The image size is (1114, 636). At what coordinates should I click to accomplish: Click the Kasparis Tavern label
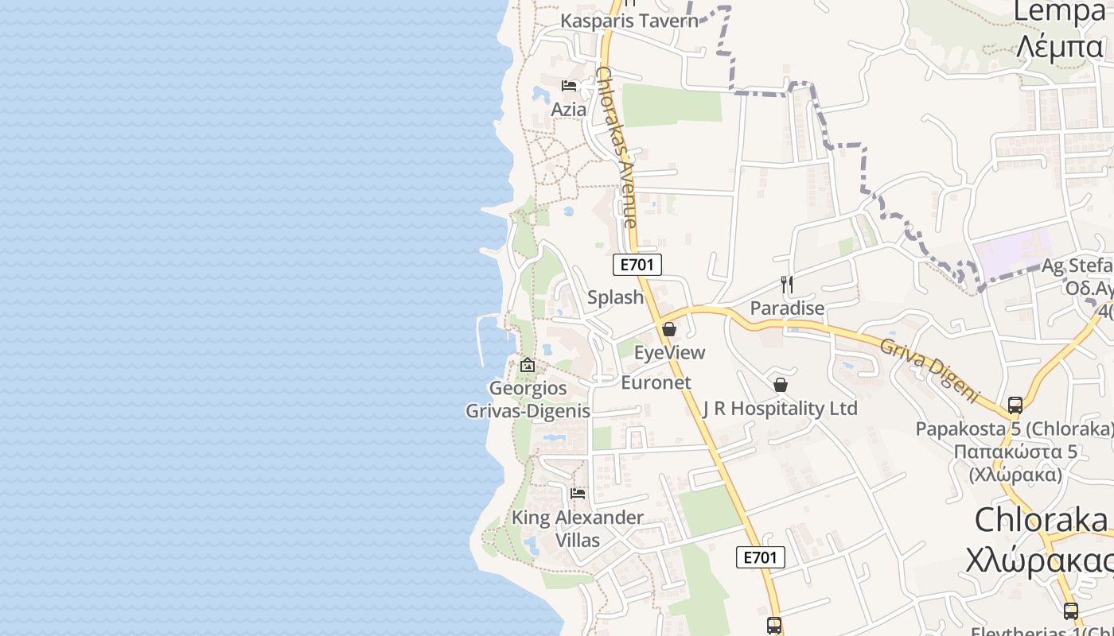pyautogui.click(x=629, y=21)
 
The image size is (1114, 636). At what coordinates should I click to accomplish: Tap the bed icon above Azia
pyautogui.click(x=569, y=86)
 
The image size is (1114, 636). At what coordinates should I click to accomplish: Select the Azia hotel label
pyautogui.click(x=569, y=110)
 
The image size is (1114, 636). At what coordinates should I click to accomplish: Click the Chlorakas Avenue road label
pyautogui.click(x=616, y=147)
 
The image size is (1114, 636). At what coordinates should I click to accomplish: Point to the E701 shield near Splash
pyautogui.click(x=637, y=265)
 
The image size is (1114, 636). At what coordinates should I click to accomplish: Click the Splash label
pyautogui.click(x=615, y=297)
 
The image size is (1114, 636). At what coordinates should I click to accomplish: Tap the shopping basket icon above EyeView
pyautogui.click(x=669, y=329)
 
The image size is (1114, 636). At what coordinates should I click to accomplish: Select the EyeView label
pyautogui.click(x=669, y=352)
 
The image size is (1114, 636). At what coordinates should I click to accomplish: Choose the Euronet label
pyautogui.click(x=656, y=382)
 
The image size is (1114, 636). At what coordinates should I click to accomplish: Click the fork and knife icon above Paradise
pyautogui.click(x=787, y=285)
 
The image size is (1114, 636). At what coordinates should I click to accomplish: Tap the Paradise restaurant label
pyautogui.click(x=787, y=308)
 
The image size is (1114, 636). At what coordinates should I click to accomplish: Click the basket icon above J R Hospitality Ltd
pyautogui.click(x=781, y=386)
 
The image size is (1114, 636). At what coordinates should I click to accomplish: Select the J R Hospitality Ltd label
pyautogui.click(x=780, y=409)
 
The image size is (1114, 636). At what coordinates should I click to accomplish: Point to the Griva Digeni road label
pyautogui.click(x=929, y=368)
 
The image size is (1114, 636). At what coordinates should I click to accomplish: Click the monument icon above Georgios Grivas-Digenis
pyautogui.click(x=527, y=366)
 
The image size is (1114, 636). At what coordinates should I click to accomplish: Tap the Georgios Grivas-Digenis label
pyautogui.click(x=528, y=399)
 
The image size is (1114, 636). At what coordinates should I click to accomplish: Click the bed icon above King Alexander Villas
pyautogui.click(x=578, y=494)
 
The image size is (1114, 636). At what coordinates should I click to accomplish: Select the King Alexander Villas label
pyautogui.click(x=578, y=529)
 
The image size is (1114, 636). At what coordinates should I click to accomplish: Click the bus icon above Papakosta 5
pyautogui.click(x=1015, y=405)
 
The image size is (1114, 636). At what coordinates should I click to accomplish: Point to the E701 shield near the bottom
pyautogui.click(x=760, y=557)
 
